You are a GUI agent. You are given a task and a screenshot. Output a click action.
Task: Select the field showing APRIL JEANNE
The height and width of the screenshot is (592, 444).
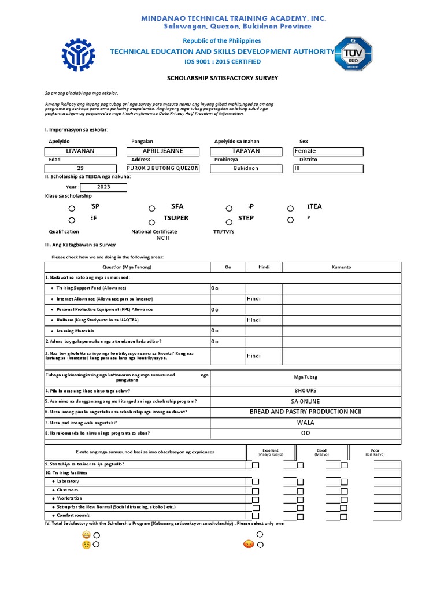163,151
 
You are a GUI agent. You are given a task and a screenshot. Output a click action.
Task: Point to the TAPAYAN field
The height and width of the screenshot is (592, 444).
246,151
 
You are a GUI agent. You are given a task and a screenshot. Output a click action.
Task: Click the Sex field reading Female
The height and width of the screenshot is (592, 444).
328,151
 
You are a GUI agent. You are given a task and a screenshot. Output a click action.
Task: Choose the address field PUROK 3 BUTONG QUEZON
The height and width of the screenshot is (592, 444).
163,169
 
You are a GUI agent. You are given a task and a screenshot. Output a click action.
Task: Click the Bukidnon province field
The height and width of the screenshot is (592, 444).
246,169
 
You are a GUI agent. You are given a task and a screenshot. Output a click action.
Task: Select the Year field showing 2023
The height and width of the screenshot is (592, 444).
103,187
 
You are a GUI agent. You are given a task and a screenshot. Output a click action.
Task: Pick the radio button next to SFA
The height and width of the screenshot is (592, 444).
151,209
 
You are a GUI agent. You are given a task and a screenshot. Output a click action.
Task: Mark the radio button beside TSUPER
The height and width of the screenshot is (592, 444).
151,222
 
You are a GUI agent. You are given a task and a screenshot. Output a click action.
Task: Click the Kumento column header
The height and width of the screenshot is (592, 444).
341,267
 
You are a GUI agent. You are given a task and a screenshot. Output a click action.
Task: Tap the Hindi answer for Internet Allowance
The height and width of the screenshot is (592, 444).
254,299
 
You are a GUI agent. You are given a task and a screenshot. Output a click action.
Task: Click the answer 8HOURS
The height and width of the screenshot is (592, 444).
306,391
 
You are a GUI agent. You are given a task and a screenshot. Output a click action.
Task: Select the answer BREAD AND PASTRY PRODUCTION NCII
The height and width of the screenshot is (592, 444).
306,412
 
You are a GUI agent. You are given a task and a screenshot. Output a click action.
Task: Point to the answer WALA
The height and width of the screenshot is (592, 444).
306,423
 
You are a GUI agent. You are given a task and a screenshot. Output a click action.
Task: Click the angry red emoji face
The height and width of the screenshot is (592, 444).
249,544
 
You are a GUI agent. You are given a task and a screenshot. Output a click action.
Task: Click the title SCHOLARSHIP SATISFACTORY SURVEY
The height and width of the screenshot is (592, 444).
223,77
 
